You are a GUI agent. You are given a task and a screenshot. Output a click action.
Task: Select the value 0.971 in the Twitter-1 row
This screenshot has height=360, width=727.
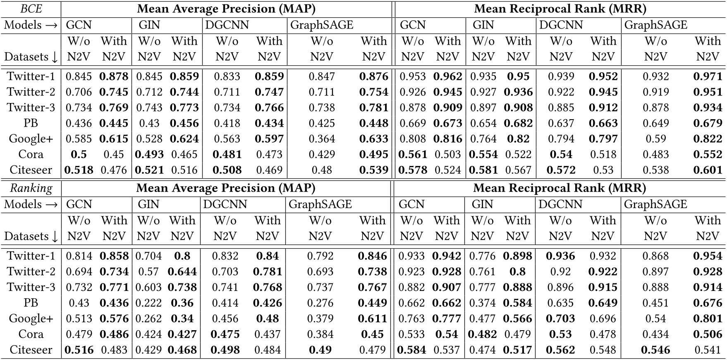(708, 76)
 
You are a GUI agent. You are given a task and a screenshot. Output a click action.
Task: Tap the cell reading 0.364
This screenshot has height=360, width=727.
(322, 139)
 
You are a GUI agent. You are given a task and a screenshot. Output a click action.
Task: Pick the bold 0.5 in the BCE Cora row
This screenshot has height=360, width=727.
(79, 154)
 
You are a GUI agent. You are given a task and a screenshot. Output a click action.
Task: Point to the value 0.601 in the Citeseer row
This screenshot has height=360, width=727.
(708, 170)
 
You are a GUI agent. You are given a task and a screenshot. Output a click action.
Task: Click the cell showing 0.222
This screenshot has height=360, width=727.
(148, 303)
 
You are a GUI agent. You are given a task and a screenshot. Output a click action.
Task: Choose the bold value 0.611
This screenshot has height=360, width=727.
(373, 319)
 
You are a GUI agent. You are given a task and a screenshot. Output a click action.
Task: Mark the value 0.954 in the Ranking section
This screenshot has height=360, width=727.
(708, 256)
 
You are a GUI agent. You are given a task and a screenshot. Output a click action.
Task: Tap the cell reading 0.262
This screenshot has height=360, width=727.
(148, 319)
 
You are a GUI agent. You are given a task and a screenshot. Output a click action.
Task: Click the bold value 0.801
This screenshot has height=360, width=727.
(708, 319)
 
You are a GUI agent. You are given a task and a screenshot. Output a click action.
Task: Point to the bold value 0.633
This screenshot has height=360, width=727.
(373, 139)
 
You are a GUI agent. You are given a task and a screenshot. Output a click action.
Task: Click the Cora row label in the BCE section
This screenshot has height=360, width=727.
(31, 154)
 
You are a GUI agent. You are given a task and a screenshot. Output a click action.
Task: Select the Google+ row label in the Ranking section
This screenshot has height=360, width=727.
(31, 319)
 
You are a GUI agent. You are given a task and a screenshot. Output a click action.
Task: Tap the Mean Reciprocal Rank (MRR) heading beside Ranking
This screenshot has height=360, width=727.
(559, 188)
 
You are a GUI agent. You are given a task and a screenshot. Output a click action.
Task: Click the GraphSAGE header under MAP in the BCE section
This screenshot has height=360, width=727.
(322, 25)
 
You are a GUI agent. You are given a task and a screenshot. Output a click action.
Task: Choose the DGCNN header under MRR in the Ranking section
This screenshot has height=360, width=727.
(560, 204)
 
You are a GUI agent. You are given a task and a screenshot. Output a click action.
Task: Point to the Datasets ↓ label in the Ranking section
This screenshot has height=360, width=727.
(31, 236)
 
